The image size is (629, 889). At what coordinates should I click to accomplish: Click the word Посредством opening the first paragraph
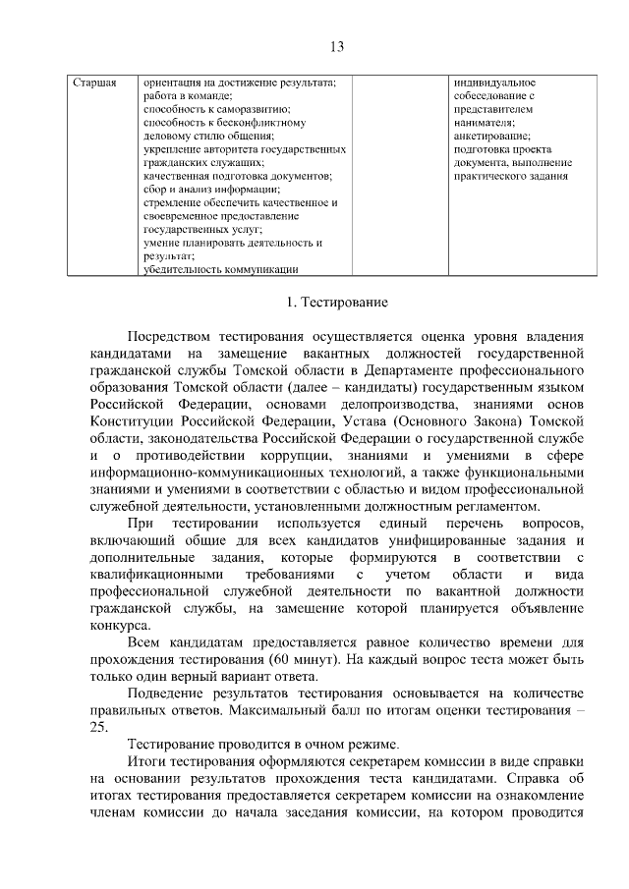pyautogui.click(x=177, y=334)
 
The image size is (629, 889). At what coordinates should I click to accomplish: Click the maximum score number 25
pyautogui.click(x=100, y=728)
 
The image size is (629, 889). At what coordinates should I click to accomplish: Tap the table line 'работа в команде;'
pyautogui.click(x=187, y=96)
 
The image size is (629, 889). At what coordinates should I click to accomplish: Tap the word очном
pyautogui.click(x=313, y=747)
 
